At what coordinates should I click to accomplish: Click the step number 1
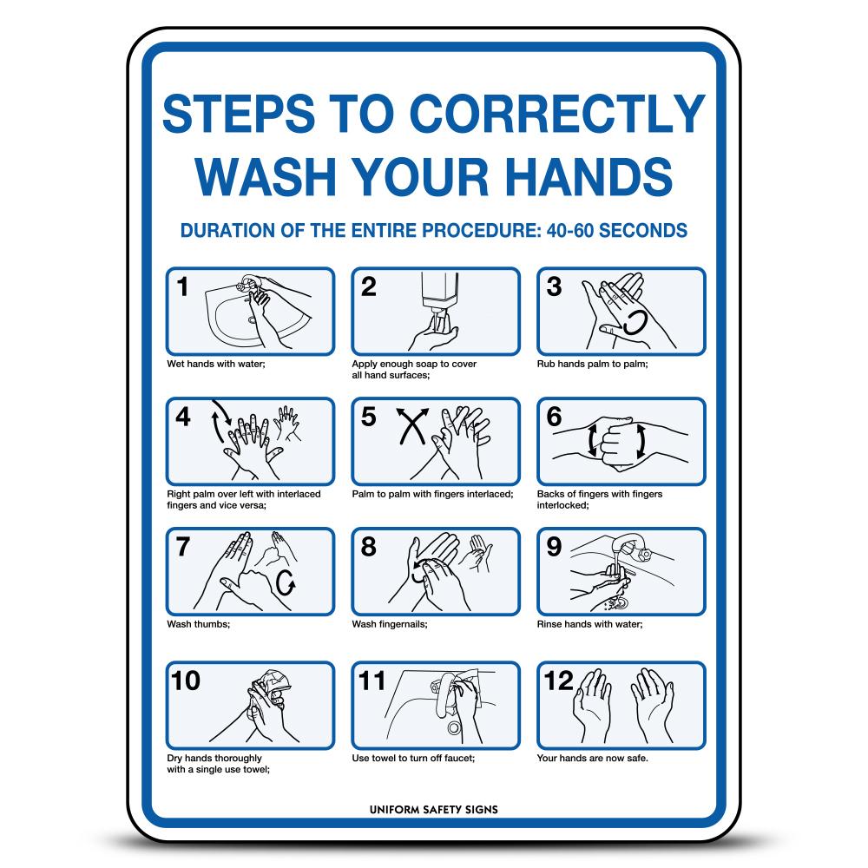pos(182,287)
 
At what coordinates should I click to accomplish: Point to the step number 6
pos(554,417)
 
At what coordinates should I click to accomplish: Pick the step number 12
pos(559,681)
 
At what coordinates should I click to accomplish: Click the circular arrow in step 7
pos(286,583)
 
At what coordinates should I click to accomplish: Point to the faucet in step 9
pos(635,549)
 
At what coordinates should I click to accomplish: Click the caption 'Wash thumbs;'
pos(199,624)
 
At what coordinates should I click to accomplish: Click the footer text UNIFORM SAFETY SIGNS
pos(434,810)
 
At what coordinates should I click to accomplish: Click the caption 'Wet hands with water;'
pos(216,364)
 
